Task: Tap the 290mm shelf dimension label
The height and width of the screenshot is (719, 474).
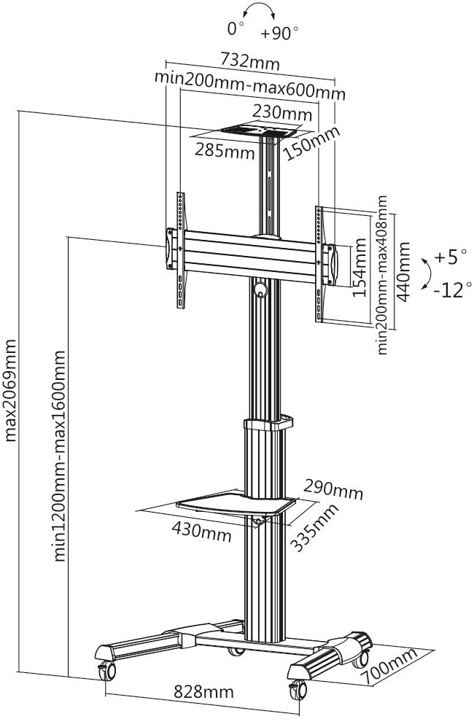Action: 334,490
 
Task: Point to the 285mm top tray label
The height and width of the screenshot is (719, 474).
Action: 225,152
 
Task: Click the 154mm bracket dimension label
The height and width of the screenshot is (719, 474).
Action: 360,268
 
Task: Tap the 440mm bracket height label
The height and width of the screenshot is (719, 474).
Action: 403,268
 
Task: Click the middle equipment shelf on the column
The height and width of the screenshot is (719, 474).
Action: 237,504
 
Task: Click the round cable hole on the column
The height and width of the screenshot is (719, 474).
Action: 260,289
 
